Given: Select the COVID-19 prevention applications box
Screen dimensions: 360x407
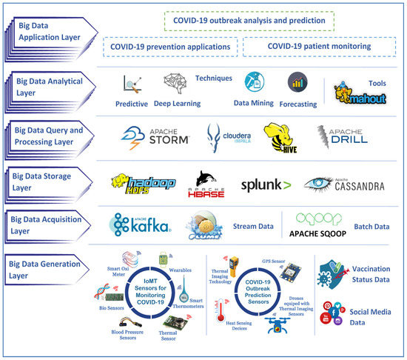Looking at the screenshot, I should (x=169, y=46).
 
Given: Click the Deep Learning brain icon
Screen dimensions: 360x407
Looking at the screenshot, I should (x=175, y=84).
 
